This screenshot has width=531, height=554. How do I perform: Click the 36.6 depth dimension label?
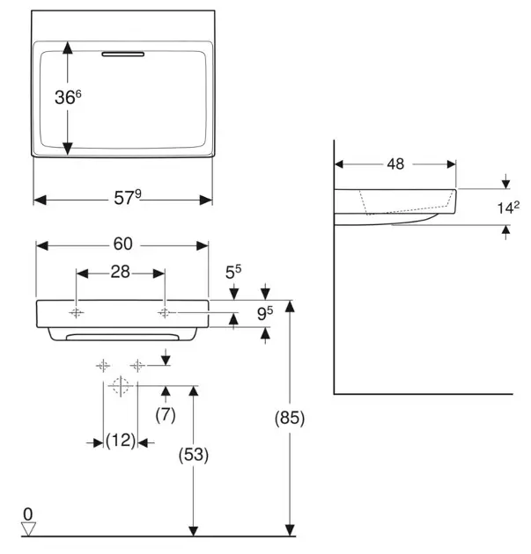click(68, 98)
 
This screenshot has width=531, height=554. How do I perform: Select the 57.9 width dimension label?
click(126, 199)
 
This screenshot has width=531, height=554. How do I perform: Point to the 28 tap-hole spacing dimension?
click(121, 273)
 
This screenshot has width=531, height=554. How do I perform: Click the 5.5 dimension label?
click(232, 273)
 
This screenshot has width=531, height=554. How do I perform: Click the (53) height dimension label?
click(193, 456)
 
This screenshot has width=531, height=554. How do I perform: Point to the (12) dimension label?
click(121, 441)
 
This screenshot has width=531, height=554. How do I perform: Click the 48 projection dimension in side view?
click(395, 163)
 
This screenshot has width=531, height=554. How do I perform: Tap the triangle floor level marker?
click(28, 528)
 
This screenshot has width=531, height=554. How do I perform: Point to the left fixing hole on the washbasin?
click(77, 313)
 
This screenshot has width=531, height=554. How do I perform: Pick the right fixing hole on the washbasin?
click(165, 312)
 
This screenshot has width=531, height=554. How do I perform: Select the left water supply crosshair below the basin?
click(104, 365)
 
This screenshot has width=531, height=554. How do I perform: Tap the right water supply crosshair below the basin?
click(137, 365)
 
